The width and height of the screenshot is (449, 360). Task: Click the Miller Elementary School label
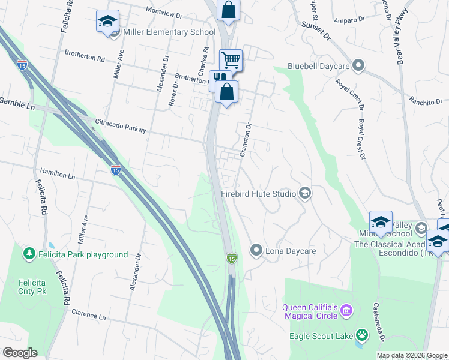[x=169, y=32]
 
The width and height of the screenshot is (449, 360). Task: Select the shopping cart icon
[x=231, y=60]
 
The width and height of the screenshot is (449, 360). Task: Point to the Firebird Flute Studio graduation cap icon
[x=305, y=193]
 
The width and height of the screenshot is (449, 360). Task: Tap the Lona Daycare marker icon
[x=256, y=250]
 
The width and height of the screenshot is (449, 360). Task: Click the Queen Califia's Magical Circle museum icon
[x=346, y=311]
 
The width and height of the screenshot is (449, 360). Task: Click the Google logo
[x=20, y=352]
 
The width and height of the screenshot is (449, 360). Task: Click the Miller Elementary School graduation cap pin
[x=108, y=22]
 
